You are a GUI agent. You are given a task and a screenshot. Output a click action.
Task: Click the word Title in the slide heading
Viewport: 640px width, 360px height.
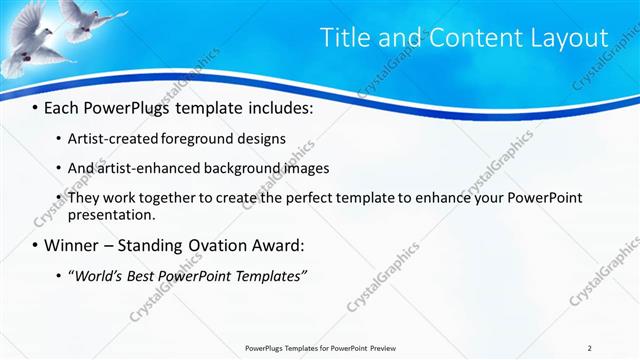345,38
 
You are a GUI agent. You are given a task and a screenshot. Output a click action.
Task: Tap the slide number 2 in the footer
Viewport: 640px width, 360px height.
590,348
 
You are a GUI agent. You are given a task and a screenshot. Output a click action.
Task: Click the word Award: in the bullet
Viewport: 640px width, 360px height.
285,245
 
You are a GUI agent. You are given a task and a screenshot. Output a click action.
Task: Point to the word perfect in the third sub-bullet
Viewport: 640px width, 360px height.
289,198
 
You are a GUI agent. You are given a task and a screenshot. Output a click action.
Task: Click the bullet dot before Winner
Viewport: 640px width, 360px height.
35,245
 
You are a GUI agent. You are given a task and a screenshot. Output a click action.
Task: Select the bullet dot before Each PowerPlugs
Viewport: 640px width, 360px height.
35,108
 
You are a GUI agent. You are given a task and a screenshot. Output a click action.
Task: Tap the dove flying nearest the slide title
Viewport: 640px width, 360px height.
90,20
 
